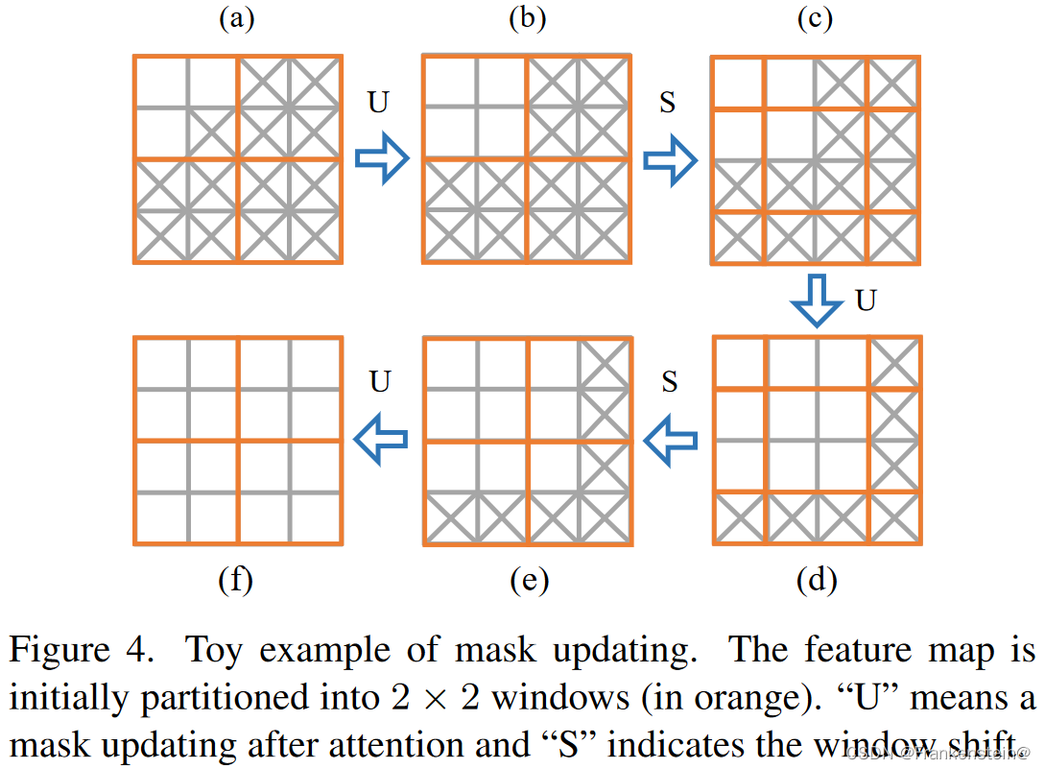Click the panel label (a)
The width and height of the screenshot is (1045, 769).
coord(236,20)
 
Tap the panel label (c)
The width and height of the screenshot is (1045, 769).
coord(816,20)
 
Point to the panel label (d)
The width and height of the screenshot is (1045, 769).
coord(817,579)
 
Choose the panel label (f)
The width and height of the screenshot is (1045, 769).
coord(236,579)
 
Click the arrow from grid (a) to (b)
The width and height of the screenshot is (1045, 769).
coord(382,159)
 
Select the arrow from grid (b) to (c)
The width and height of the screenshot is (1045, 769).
coord(669,159)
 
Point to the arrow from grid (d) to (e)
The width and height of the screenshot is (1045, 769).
coord(669,440)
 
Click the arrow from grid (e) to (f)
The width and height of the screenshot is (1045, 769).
coord(381,440)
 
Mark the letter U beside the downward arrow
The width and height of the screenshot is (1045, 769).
coord(866,300)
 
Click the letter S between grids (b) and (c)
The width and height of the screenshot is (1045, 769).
coord(668,102)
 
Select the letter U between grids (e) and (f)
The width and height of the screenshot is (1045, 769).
coord(380,381)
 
